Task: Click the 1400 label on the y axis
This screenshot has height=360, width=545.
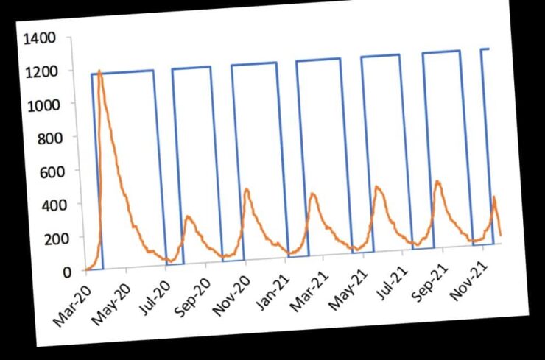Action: (x=39, y=39)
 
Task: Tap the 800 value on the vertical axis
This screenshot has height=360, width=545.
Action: (x=49, y=139)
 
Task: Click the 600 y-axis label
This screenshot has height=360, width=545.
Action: (x=52, y=172)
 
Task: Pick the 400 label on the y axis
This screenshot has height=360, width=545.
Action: (x=54, y=205)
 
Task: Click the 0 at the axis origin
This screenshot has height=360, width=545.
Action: (x=67, y=272)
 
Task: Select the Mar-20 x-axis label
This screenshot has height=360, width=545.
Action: (x=71, y=303)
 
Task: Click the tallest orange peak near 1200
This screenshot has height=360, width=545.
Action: (x=99, y=71)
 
